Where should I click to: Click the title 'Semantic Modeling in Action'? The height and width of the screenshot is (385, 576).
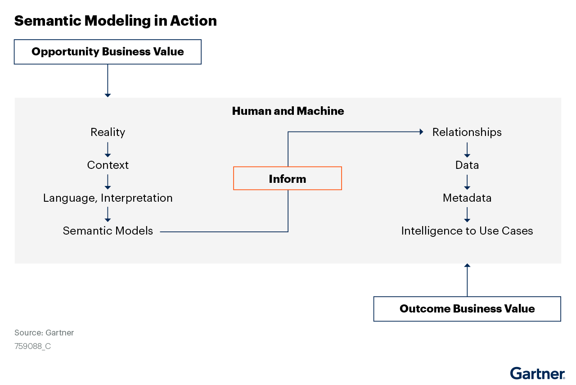pos(115,21)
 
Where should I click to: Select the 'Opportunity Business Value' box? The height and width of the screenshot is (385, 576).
pos(108,52)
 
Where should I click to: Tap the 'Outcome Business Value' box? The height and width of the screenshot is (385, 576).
pos(467,309)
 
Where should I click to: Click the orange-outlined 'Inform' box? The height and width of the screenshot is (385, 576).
pos(288,179)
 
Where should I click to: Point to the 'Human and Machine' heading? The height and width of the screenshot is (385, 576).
pos(288,111)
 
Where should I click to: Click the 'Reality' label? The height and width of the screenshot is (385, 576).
pos(108,132)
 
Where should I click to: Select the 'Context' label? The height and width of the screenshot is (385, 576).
pos(108,165)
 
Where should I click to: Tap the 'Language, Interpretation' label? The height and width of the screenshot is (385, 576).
pos(108,198)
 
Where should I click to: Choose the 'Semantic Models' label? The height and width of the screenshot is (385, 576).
pos(108,231)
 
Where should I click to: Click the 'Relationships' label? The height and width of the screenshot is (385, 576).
pos(467,132)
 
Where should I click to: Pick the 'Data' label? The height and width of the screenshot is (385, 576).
pos(467,165)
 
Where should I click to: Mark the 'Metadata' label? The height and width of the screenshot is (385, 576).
pos(467,198)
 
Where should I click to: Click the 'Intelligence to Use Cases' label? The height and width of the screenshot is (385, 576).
pos(467,231)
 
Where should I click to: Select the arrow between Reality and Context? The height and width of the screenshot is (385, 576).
pos(108,149)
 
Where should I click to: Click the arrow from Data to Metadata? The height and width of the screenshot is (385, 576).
pos(467,182)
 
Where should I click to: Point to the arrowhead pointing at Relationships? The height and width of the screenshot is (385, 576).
pos(421,132)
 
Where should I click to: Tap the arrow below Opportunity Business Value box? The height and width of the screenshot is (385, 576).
pos(108,81)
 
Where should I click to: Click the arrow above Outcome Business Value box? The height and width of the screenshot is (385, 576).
pos(467,280)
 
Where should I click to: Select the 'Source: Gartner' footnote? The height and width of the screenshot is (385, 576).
pos(44,333)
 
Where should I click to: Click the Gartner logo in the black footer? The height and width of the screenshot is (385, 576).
pos(537,374)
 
